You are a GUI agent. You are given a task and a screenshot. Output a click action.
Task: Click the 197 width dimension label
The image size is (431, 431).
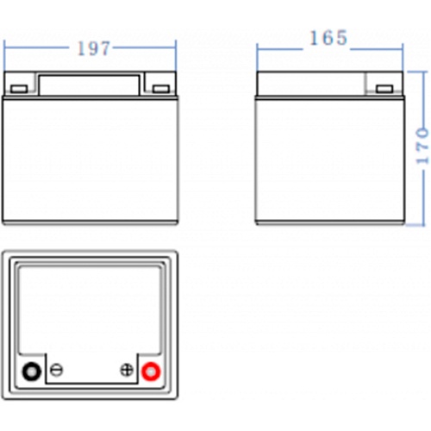(x=94, y=48)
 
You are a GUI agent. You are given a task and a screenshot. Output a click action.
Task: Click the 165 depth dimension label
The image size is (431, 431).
(x=328, y=38)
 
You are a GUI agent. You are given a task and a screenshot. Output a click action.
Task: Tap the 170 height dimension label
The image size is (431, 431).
(x=422, y=146)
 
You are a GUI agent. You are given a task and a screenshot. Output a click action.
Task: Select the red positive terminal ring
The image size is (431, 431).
(x=151, y=372)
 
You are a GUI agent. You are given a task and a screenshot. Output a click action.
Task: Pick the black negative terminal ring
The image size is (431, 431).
(x=31, y=372)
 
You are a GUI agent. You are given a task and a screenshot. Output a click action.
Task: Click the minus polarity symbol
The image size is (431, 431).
(x=56, y=370)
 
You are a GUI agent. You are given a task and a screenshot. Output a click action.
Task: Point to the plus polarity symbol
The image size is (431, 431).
(x=127, y=370)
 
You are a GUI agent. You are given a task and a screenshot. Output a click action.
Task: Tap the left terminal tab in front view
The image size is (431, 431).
(x=19, y=89)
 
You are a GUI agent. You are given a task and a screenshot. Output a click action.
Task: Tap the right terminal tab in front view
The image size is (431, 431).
(x=161, y=89)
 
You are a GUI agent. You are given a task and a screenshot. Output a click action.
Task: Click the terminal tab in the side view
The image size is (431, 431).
(x=384, y=89)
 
